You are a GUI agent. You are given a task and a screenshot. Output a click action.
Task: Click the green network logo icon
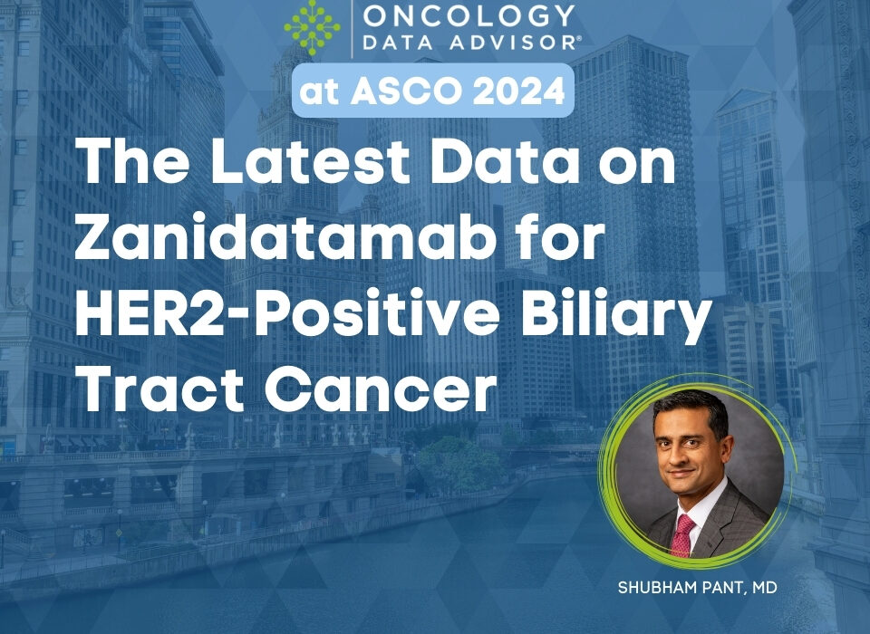tap(313, 27)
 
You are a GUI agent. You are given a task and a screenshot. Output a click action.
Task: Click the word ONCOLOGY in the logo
tap(469, 15)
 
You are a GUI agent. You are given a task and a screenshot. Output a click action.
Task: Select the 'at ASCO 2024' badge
tap(433, 91)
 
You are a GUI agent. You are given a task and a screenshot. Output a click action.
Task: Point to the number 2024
tap(518, 91)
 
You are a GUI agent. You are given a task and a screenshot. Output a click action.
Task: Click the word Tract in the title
tap(159, 389)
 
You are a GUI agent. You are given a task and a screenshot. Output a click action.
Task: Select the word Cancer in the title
tap(380, 390)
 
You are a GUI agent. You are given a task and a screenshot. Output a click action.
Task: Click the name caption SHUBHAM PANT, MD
tap(698, 588)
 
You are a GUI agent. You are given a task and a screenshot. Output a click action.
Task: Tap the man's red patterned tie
tap(681, 534)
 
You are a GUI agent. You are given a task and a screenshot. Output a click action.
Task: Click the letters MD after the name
tap(765, 588)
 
